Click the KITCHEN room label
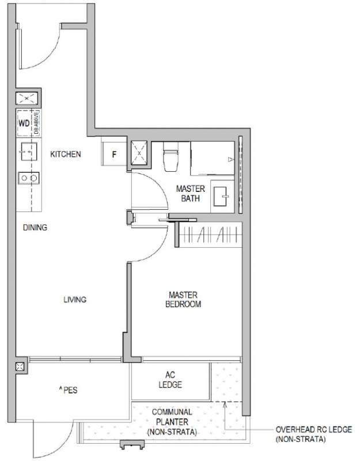tap(66, 154)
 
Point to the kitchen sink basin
tap(29, 152)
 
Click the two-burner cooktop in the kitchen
tap(29, 178)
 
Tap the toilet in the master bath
tap(170, 157)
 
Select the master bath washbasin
tap(221, 196)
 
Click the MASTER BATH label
tap(191, 193)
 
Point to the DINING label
tap(35, 227)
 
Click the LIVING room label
tap(75, 299)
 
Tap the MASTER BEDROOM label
tap(183, 299)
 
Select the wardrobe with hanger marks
tap(210, 235)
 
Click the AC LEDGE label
tap(170, 380)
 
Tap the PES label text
tap(69, 390)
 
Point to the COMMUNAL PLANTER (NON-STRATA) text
tap(172, 422)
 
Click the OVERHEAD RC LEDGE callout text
tap(313, 434)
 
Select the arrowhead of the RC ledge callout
tap(225, 405)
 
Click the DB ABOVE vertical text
tap(36, 122)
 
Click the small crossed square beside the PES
tap(20, 366)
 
